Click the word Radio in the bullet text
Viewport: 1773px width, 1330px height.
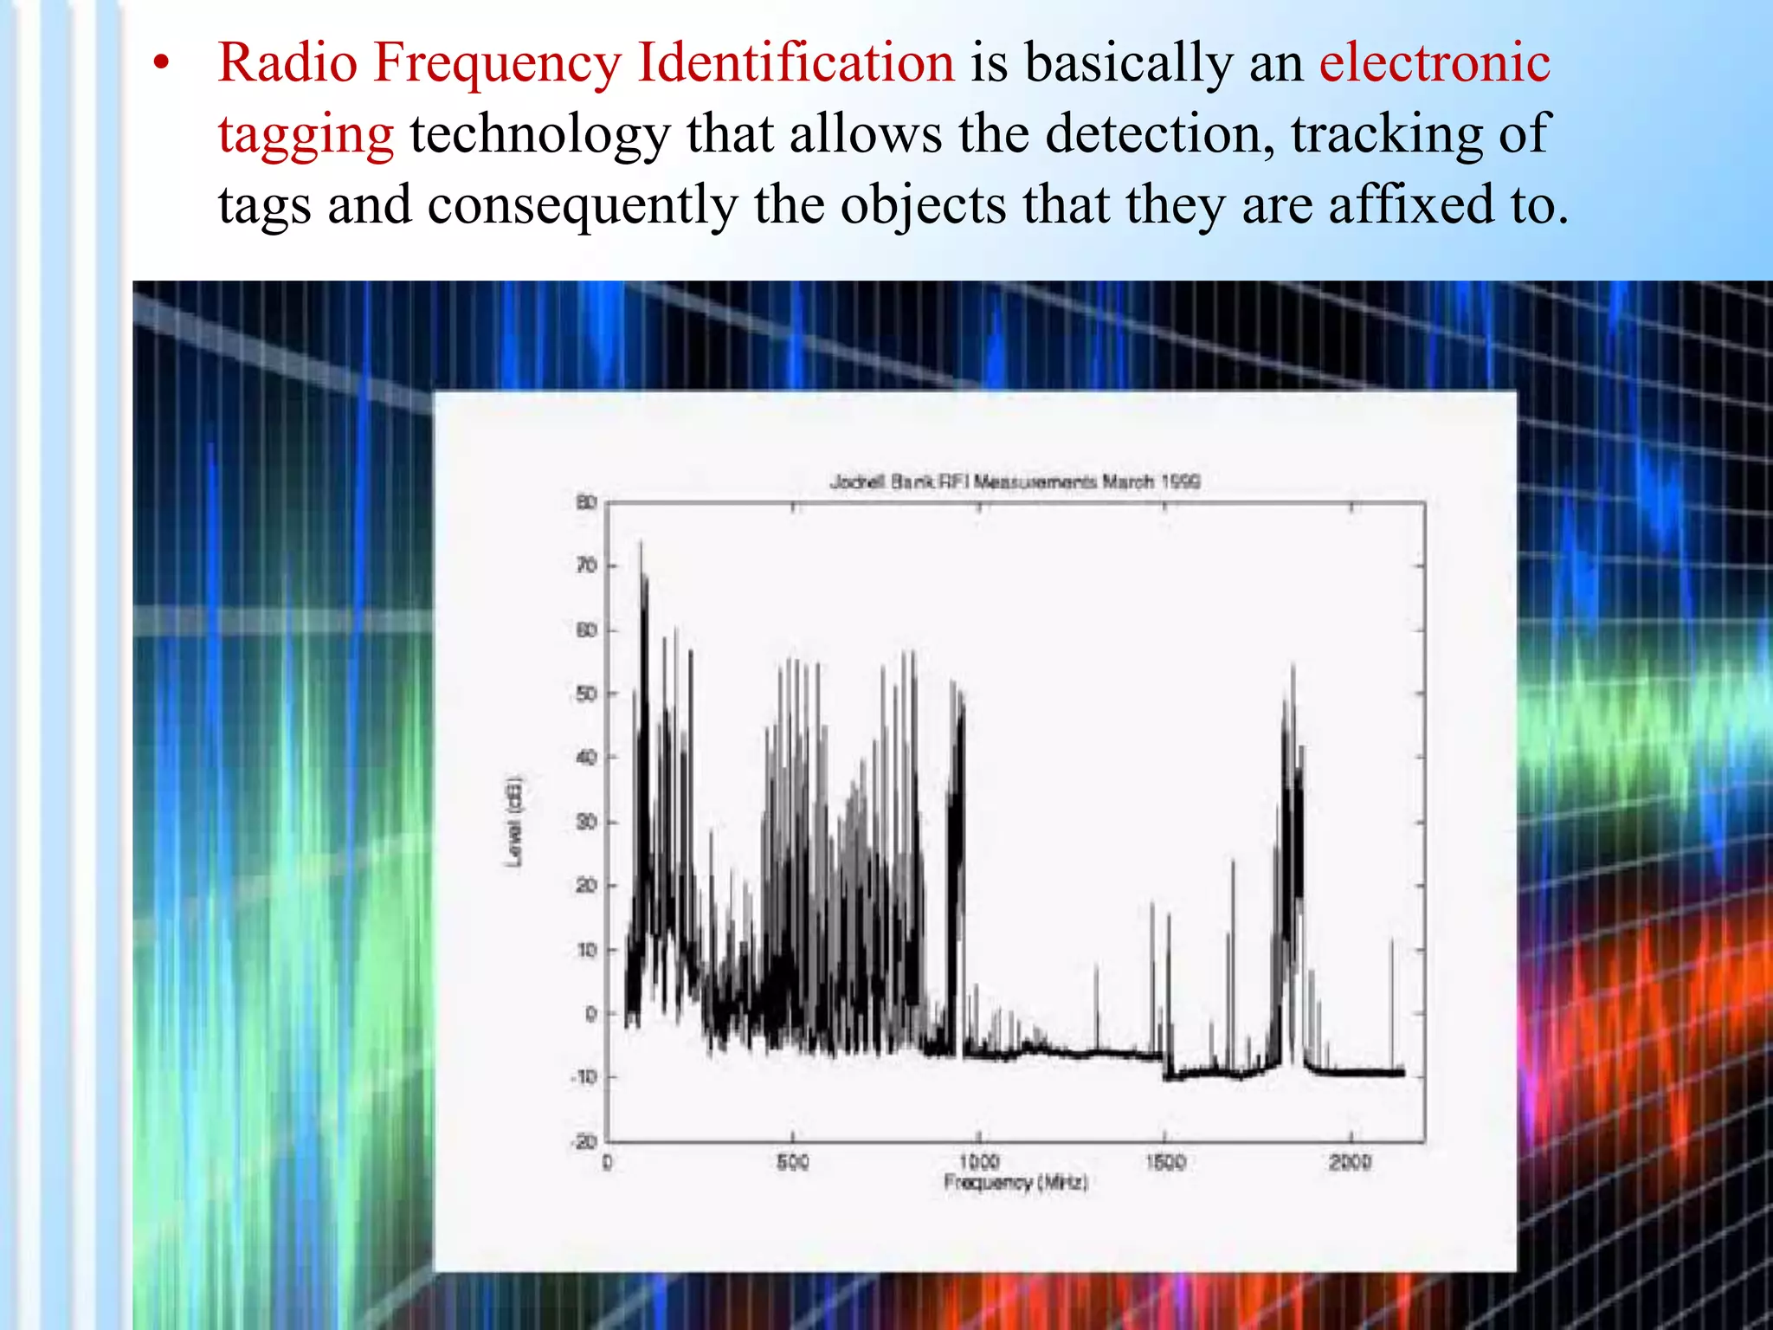[287, 62]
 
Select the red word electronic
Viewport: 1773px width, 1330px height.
[1435, 62]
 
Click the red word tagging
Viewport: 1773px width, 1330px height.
[306, 135]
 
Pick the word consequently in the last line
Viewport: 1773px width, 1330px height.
[583, 206]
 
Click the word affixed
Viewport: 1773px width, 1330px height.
[1412, 204]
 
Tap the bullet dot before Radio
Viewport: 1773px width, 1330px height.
[160, 64]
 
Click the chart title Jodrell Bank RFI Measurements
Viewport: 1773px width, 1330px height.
[1015, 481]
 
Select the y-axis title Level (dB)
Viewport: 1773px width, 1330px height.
[514, 821]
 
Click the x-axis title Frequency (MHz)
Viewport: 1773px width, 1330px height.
[1015, 1183]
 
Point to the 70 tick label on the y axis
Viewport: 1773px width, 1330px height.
[587, 566]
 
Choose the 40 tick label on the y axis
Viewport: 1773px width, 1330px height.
[587, 758]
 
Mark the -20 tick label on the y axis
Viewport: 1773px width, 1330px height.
[584, 1142]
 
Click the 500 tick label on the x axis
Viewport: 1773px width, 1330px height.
[792, 1162]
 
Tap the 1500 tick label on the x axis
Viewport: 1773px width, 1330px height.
[1165, 1162]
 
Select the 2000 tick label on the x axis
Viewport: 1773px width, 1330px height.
[1351, 1162]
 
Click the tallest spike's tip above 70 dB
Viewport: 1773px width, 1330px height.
[641, 544]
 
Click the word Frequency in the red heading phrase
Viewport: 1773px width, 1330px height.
[498, 64]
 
